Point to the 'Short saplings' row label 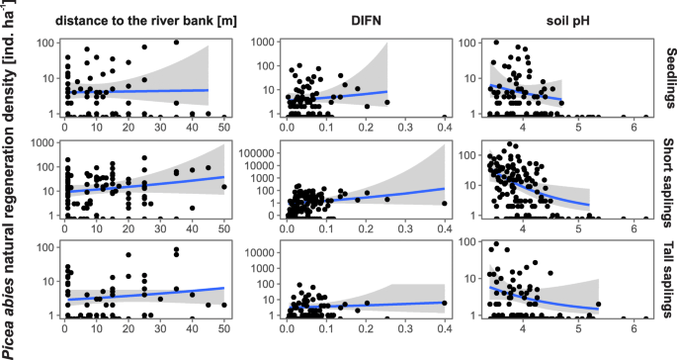pyautogui.click(x=667, y=178)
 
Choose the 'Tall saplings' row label pyautogui.click(x=667, y=277)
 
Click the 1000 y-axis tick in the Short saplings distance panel pyautogui.click(x=44, y=144)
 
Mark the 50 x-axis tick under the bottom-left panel pyautogui.click(x=223, y=328)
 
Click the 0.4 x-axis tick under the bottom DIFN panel pyautogui.click(x=444, y=328)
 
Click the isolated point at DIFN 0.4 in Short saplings pyautogui.click(x=444, y=204)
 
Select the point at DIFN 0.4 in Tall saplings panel pyautogui.click(x=444, y=303)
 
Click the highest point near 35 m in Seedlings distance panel pyautogui.click(x=176, y=43)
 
